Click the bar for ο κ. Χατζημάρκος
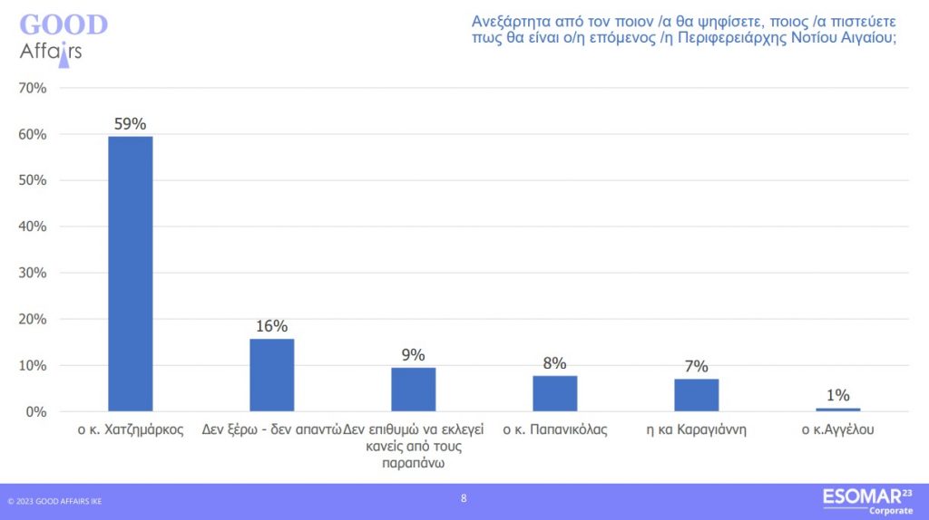131,274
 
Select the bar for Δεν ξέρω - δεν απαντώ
272,375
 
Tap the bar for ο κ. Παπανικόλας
555,393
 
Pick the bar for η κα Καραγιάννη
697,395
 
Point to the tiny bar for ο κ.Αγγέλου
838,409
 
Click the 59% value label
131,124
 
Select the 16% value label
272,326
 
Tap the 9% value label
414,355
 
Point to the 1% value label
838,395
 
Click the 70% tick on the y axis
32,88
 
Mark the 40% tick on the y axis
32,226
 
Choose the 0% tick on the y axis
35,412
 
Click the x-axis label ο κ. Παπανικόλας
555,429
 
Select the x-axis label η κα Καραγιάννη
697,429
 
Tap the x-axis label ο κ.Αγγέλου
838,429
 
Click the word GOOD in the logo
64,24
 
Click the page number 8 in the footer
464,497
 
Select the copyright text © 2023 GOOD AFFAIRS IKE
54,501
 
